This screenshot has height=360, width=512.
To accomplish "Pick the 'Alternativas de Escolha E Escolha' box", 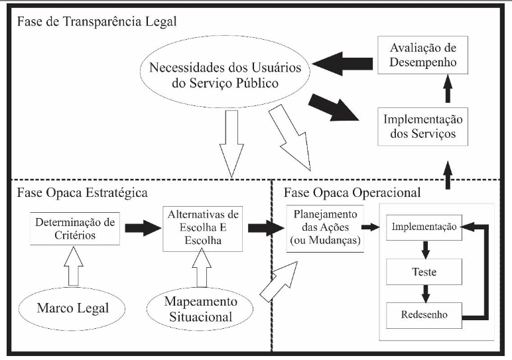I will tap(204, 229).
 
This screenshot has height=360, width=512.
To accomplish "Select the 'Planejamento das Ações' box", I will tap(326, 227).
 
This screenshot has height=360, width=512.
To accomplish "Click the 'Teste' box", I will tap(424, 272).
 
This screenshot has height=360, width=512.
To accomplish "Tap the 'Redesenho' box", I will tap(424, 314).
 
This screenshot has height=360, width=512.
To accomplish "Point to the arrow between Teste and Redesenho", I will tap(424, 292).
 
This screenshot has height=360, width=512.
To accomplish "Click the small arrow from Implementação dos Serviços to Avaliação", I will tap(448, 88).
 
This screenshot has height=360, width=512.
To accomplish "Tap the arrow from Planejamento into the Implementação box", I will tap(374, 227).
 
